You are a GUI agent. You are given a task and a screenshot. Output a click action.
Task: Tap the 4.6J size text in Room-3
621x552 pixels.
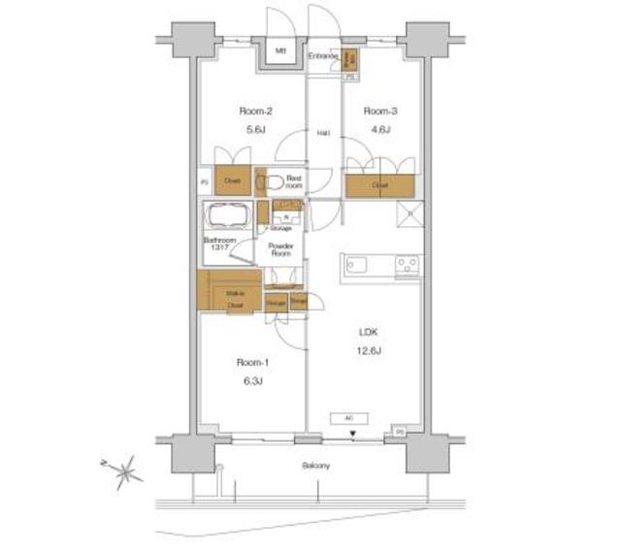377,131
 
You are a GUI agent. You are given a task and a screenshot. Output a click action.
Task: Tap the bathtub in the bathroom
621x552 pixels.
227,216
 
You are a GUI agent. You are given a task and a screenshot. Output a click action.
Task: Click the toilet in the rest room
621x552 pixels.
273,181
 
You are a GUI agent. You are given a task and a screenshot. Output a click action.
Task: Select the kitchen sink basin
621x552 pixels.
354,263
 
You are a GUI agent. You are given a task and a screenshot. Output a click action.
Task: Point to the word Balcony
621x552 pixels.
313,466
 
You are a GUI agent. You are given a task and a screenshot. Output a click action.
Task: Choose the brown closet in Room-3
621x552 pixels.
381,184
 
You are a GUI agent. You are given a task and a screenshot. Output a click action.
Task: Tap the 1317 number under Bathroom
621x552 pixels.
218,249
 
